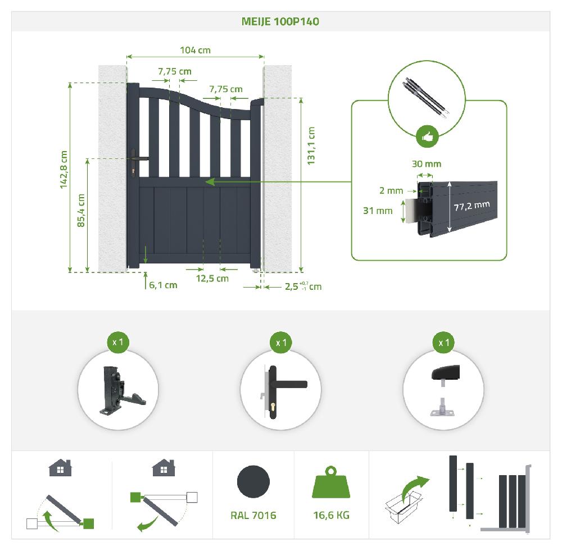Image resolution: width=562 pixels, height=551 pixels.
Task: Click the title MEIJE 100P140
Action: point(280,21)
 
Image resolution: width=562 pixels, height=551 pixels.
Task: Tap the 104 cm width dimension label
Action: point(196,50)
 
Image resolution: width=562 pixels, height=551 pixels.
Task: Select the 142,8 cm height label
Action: point(64,170)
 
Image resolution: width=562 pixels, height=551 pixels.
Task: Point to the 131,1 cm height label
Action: point(311,146)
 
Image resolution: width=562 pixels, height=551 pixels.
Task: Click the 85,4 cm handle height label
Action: point(81,211)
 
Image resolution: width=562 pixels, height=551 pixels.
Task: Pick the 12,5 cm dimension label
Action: point(212,279)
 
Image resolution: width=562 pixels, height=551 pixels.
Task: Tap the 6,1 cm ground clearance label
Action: point(163,285)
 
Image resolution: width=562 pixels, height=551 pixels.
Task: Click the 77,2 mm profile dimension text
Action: point(472,206)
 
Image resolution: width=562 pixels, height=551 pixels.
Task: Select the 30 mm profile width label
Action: point(427,164)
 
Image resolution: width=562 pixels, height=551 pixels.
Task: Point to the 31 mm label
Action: point(378,211)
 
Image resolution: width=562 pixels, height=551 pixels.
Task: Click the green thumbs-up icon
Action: point(427,136)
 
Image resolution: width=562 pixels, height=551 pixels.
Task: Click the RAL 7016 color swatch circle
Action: point(253,481)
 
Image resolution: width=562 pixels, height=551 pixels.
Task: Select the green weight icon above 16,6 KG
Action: point(331,482)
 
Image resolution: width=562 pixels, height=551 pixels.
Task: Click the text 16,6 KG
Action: point(332,515)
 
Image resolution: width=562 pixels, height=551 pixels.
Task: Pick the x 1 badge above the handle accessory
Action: point(281,343)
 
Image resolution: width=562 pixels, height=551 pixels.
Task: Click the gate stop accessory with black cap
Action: point(445,391)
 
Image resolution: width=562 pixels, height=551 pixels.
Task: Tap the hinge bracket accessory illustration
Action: point(121,391)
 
